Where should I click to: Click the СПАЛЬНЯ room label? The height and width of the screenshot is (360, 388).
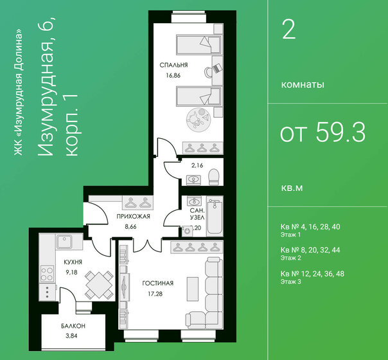pos(175,65)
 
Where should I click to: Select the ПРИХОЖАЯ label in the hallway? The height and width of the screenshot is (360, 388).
pos(133,217)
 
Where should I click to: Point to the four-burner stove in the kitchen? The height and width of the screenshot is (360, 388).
pos(46,273)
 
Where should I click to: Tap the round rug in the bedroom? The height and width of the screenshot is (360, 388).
pos(195,120)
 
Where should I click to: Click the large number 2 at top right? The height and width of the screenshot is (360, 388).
pos(289,30)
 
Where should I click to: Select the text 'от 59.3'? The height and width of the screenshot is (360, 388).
pos(322,133)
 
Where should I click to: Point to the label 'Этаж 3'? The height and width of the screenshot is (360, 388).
pos(292,282)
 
